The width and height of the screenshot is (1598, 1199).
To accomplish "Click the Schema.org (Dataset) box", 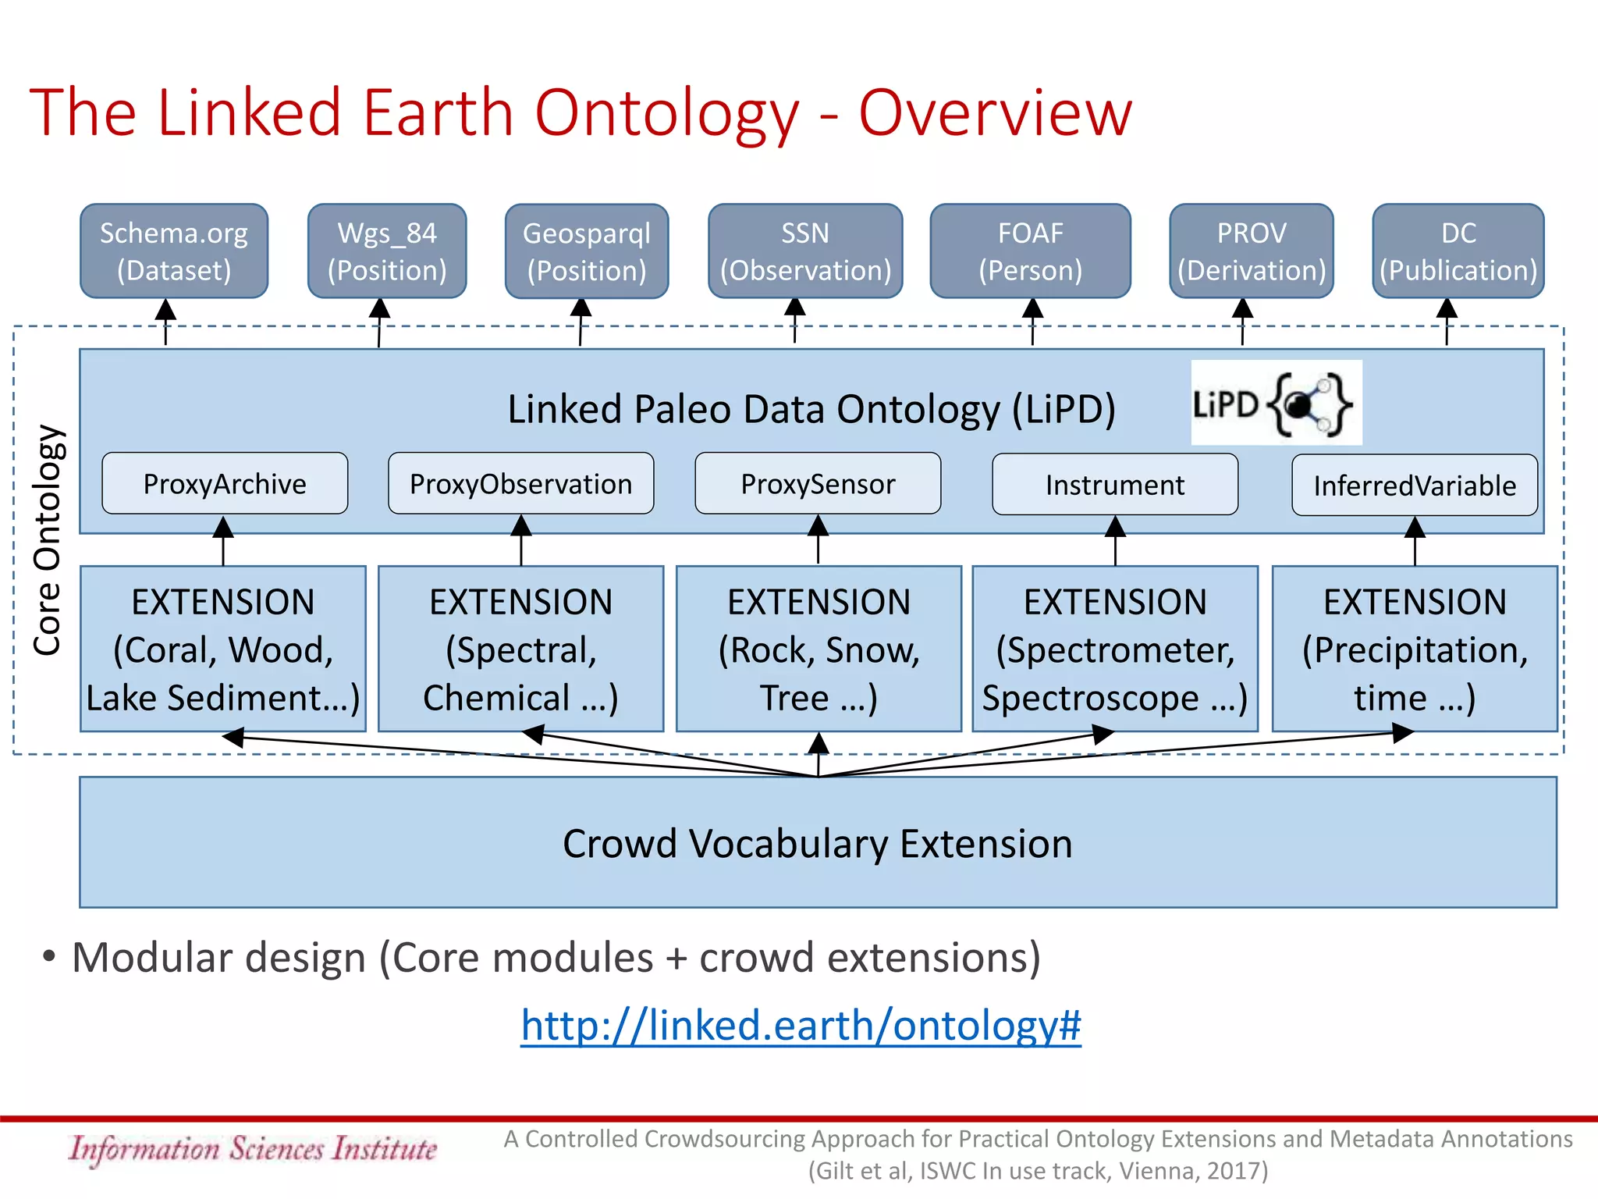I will pos(174,251).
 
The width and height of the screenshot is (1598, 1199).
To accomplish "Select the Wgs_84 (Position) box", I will pos(387,251).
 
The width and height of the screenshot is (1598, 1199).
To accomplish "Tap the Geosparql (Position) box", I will pos(587,251).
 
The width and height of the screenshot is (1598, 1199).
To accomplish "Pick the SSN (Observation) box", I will pos(805,251).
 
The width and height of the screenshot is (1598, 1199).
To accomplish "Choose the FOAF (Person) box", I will pos(1030,251).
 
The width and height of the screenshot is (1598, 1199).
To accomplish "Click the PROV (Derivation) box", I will pos(1252,251).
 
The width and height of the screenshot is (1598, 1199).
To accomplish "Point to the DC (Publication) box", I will pos(1458,251).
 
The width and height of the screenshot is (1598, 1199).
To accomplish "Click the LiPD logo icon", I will pos(1277,403).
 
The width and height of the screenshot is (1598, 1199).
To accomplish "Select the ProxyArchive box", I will pos(225,484).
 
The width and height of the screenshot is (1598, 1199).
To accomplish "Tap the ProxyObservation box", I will pos(521,484).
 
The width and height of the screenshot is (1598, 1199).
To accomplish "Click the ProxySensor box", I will pos(818,484).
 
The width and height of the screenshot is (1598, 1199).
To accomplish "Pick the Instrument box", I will pos(1115,485).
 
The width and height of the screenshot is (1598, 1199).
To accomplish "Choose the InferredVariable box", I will pos(1415,486).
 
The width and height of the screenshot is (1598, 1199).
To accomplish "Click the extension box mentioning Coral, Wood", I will pos(223,649).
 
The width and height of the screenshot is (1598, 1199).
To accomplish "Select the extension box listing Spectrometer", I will pos(1115,649).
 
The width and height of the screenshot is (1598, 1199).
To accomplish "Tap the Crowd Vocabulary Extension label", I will pos(818,844).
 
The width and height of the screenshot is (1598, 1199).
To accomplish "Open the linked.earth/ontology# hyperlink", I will pos(801,1025).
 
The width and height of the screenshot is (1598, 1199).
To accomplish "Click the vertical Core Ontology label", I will pos(47,540).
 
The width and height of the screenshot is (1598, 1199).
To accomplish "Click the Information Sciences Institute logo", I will pos(253,1149).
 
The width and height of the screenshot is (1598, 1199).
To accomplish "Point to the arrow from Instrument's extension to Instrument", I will pos(1115,543).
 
